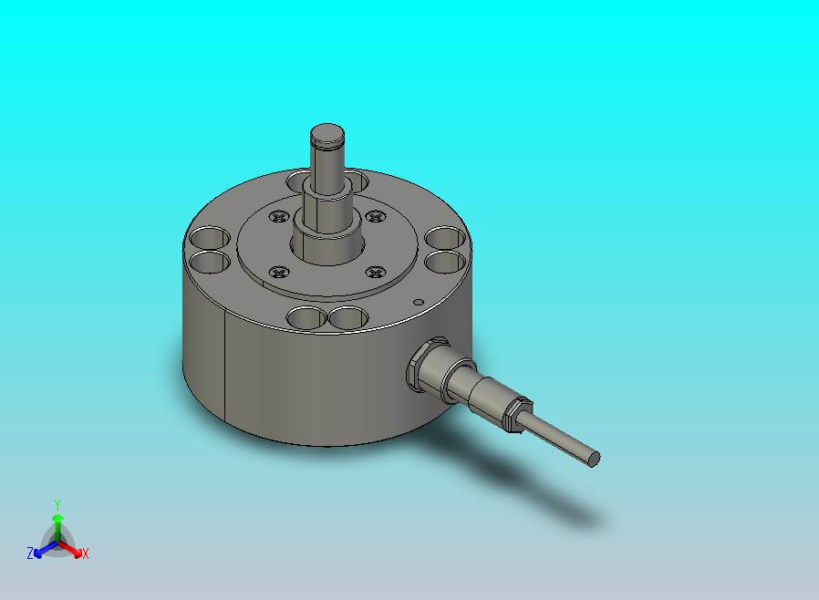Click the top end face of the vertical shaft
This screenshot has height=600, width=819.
(327, 136)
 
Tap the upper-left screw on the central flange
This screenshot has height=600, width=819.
(279, 216)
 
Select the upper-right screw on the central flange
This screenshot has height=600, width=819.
(376, 216)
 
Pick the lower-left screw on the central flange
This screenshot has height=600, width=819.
(279, 272)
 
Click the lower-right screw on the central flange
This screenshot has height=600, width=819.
(376, 272)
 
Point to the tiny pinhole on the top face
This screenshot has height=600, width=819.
(418, 302)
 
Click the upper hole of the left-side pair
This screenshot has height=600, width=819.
(209, 238)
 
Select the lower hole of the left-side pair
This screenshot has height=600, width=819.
(209, 262)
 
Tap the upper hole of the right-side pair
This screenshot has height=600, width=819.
(445, 238)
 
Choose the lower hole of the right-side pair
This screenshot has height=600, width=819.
(445, 261)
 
